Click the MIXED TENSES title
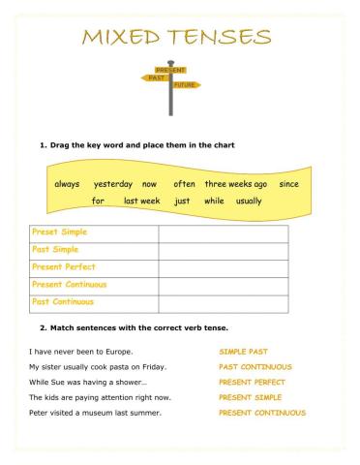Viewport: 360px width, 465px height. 176,39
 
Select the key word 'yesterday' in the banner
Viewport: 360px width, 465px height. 113,184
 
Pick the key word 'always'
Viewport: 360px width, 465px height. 67,184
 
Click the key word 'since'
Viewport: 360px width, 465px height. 288,184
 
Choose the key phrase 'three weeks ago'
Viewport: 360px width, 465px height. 235,184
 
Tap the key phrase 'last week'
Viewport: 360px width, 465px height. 142,201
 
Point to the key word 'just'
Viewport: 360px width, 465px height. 182,201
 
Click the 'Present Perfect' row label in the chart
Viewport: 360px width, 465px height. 64,267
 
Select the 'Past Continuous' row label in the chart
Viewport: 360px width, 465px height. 65,302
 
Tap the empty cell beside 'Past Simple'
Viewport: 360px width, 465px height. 223,250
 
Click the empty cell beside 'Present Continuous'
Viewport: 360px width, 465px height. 223,285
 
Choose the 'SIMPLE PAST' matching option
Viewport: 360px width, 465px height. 243,352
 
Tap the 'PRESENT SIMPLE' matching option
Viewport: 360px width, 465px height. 251,397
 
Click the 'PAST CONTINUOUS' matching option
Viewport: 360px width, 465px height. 255,367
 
